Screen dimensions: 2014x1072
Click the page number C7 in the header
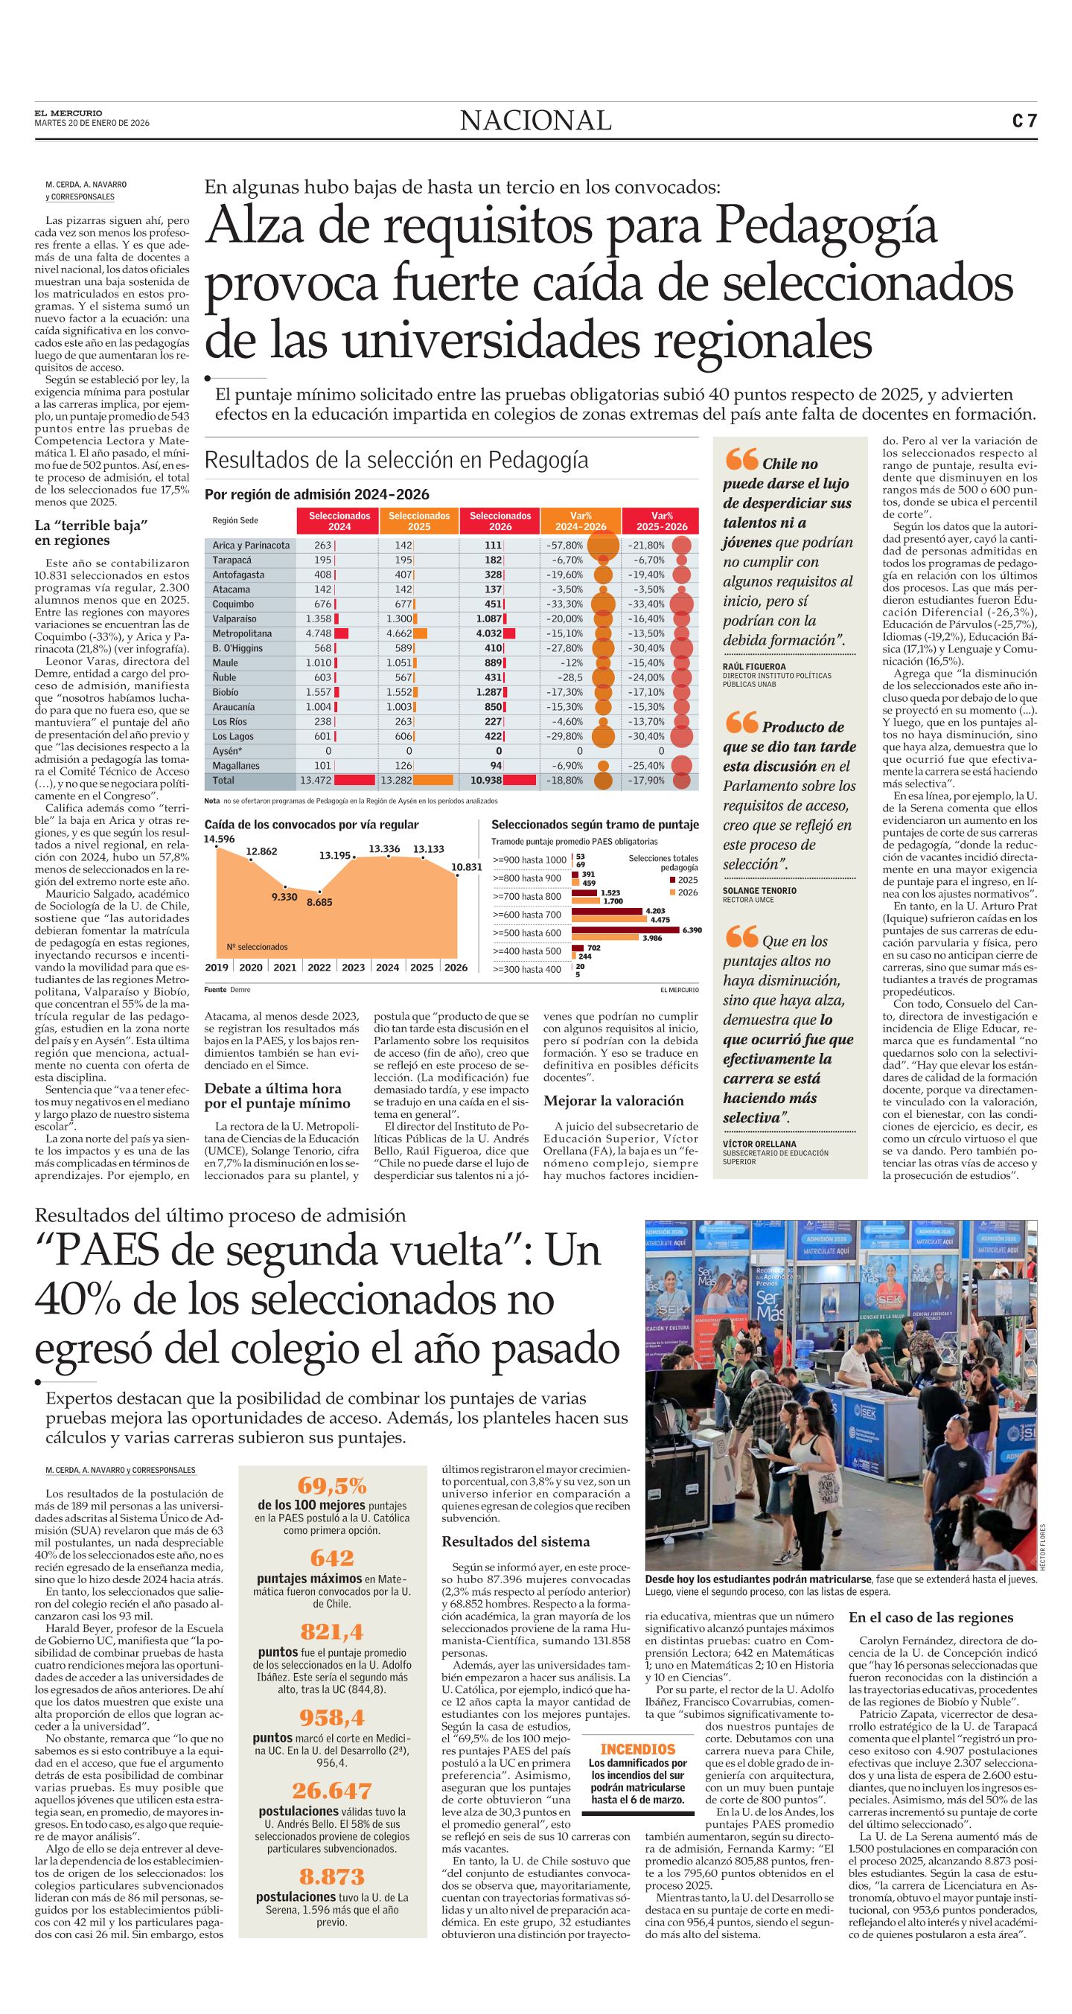click(1024, 121)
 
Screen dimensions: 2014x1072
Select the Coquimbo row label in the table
click(233, 604)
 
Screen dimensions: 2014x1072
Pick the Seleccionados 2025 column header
click(419, 521)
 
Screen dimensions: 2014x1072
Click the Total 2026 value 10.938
click(485, 780)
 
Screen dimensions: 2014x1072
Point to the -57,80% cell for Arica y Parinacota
click(565, 545)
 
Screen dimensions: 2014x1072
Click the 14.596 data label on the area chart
click(220, 839)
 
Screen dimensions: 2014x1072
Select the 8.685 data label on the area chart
click(319, 902)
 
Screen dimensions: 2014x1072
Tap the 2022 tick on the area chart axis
click(319, 967)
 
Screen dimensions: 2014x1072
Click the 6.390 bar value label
click(692, 930)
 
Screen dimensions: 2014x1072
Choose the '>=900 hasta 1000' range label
click(529, 860)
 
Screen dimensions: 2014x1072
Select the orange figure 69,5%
click(332, 1485)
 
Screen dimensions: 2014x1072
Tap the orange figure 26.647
click(332, 1791)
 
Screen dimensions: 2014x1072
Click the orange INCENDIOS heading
click(637, 1749)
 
